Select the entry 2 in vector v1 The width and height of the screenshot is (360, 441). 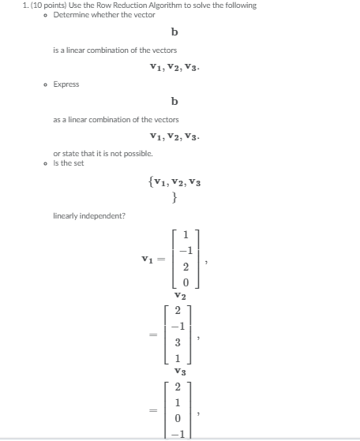[185, 267]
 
